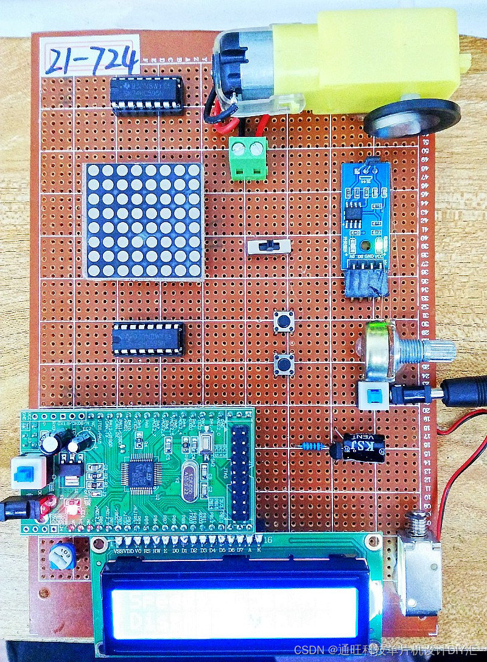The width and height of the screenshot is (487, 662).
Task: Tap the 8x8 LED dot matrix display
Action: [x=143, y=220]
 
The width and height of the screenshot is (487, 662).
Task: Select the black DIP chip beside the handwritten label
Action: [x=147, y=95]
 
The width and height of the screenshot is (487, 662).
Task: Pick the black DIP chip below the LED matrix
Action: [x=148, y=338]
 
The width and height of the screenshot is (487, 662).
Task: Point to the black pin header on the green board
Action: [x=240, y=472]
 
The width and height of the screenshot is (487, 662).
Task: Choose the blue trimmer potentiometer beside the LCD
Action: [x=62, y=556]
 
